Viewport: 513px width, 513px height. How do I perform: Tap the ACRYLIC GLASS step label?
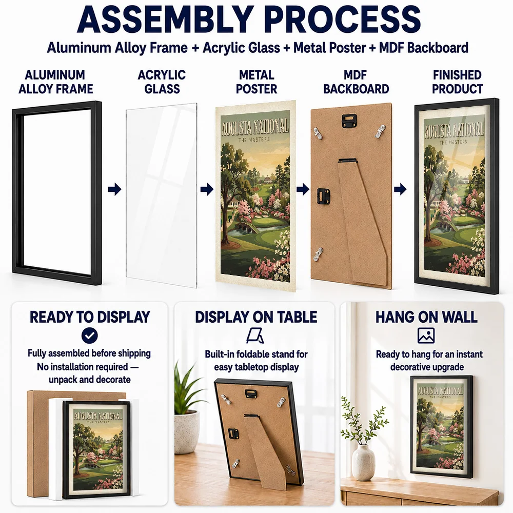pos(162,82)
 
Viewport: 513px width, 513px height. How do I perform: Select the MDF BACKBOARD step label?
pos(356,82)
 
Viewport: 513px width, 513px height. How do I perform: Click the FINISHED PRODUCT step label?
pos(457,82)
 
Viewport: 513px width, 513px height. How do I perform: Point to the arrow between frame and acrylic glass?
pos(114,189)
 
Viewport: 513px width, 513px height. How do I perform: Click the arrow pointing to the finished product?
pos(400,189)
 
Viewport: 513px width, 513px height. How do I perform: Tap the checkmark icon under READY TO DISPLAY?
pos(90,336)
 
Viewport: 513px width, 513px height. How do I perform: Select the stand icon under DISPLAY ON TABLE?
pos(255,336)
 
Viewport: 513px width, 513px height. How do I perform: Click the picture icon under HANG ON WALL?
pos(426,336)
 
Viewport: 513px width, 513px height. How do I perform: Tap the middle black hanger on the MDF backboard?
pos(324,195)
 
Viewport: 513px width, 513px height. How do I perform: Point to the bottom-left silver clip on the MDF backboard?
pos(318,254)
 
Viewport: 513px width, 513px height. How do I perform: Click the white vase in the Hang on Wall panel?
pos(363,462)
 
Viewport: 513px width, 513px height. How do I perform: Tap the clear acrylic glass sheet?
pos(161,195)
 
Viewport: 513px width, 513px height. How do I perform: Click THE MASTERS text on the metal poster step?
pos(254,140)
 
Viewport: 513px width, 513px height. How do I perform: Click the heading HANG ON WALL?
pos(426,317)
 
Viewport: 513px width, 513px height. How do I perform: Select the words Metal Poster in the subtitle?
pos(329,48)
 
